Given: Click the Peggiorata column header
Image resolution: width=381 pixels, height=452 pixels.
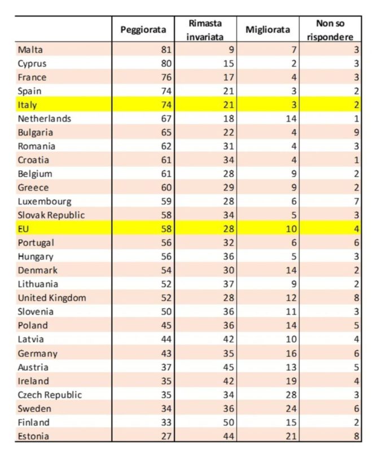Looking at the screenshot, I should (x=144, y=30).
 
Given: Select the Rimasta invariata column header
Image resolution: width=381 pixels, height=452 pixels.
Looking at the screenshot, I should (x=205, y=30).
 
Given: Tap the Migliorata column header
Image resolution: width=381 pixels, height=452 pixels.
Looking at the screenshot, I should (x=268, y=30).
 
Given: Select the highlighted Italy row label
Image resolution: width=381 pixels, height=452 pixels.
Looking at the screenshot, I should (x=28, y=105).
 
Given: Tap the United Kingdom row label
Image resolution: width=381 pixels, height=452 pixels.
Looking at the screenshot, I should (x=52, y=298).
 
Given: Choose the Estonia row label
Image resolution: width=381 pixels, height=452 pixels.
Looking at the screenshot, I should (x=33, y=436).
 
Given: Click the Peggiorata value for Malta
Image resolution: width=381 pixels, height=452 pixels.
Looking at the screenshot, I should (x=165, y=50).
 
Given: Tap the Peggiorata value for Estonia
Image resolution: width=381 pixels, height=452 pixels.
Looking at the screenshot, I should (x=165, y=436).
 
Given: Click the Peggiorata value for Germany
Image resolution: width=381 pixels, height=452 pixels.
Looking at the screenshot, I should (x=165, y=354).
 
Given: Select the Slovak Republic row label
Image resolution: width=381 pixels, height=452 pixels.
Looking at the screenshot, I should (x=51, y=215).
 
